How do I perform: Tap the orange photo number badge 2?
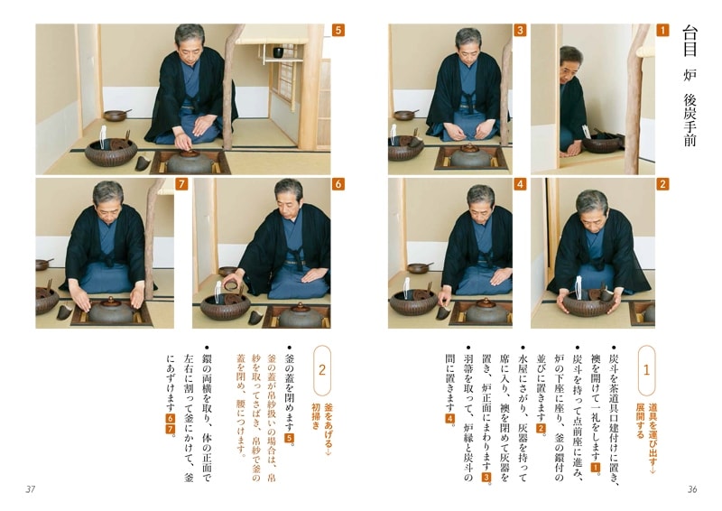tap(662, 184)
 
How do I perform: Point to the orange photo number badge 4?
tap(520, 184)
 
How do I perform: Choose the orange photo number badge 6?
tap(338, 184)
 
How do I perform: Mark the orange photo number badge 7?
tap(181, 184)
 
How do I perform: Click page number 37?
tap(30, 489)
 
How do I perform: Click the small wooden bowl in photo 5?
tap(115, 115)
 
